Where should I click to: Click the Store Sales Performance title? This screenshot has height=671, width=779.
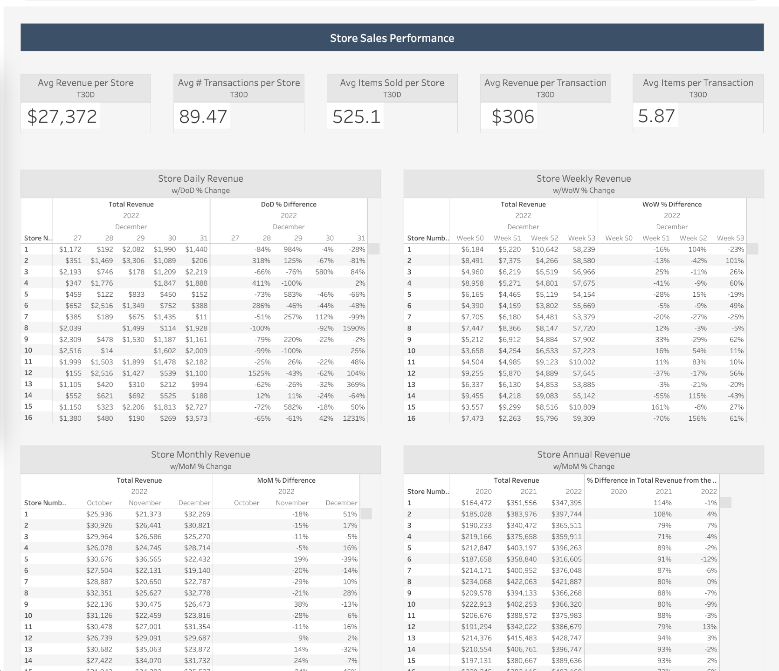click(392, 38)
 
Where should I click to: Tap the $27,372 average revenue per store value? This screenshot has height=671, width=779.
click(62, 116)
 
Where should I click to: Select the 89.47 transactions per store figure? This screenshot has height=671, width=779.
click(203, 116)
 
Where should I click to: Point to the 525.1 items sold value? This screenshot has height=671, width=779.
click(357, 116)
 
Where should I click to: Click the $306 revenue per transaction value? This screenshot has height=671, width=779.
click(513, 116)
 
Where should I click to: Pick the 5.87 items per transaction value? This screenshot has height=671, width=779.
click(656, 116)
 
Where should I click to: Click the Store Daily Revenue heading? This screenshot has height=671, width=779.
click(200, 178)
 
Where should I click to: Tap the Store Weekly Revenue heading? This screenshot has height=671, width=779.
click(583, 178)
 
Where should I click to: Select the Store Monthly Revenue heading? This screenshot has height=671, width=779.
click(200, 454)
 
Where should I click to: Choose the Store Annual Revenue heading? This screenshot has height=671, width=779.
click(583, 454)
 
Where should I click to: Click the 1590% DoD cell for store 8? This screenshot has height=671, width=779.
click(354, 328)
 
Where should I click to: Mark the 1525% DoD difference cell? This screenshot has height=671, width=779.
click(259, 373)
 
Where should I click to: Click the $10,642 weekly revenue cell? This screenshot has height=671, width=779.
click(545, 249)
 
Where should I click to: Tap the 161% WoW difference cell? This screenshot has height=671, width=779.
click(660, 407)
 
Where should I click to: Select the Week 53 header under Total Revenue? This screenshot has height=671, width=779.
click(581, 238)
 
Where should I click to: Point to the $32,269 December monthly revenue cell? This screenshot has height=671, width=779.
click(197, 514)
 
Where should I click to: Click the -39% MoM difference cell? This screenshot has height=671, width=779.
click(350, 559)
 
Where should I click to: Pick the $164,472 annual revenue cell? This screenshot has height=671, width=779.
click(476, 503)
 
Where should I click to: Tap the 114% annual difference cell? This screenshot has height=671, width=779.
click(662, 503)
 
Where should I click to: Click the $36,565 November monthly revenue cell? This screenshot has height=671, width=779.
click(148, 559)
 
